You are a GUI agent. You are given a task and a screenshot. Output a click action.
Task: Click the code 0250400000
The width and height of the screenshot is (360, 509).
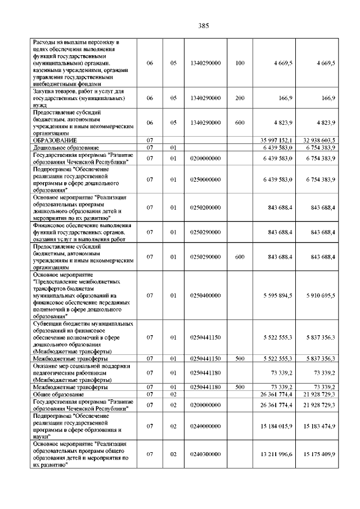[x=205, y=295]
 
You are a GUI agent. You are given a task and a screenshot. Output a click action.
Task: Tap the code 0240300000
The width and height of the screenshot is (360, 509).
[x=205, y=453]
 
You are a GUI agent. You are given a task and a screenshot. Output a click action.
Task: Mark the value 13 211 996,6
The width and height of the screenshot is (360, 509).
[x=277, y=453]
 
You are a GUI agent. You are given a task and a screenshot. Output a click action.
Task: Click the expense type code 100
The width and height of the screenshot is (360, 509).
[x=240, y=63]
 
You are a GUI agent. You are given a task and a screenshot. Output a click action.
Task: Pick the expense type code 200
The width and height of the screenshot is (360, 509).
[x=240, y=98]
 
